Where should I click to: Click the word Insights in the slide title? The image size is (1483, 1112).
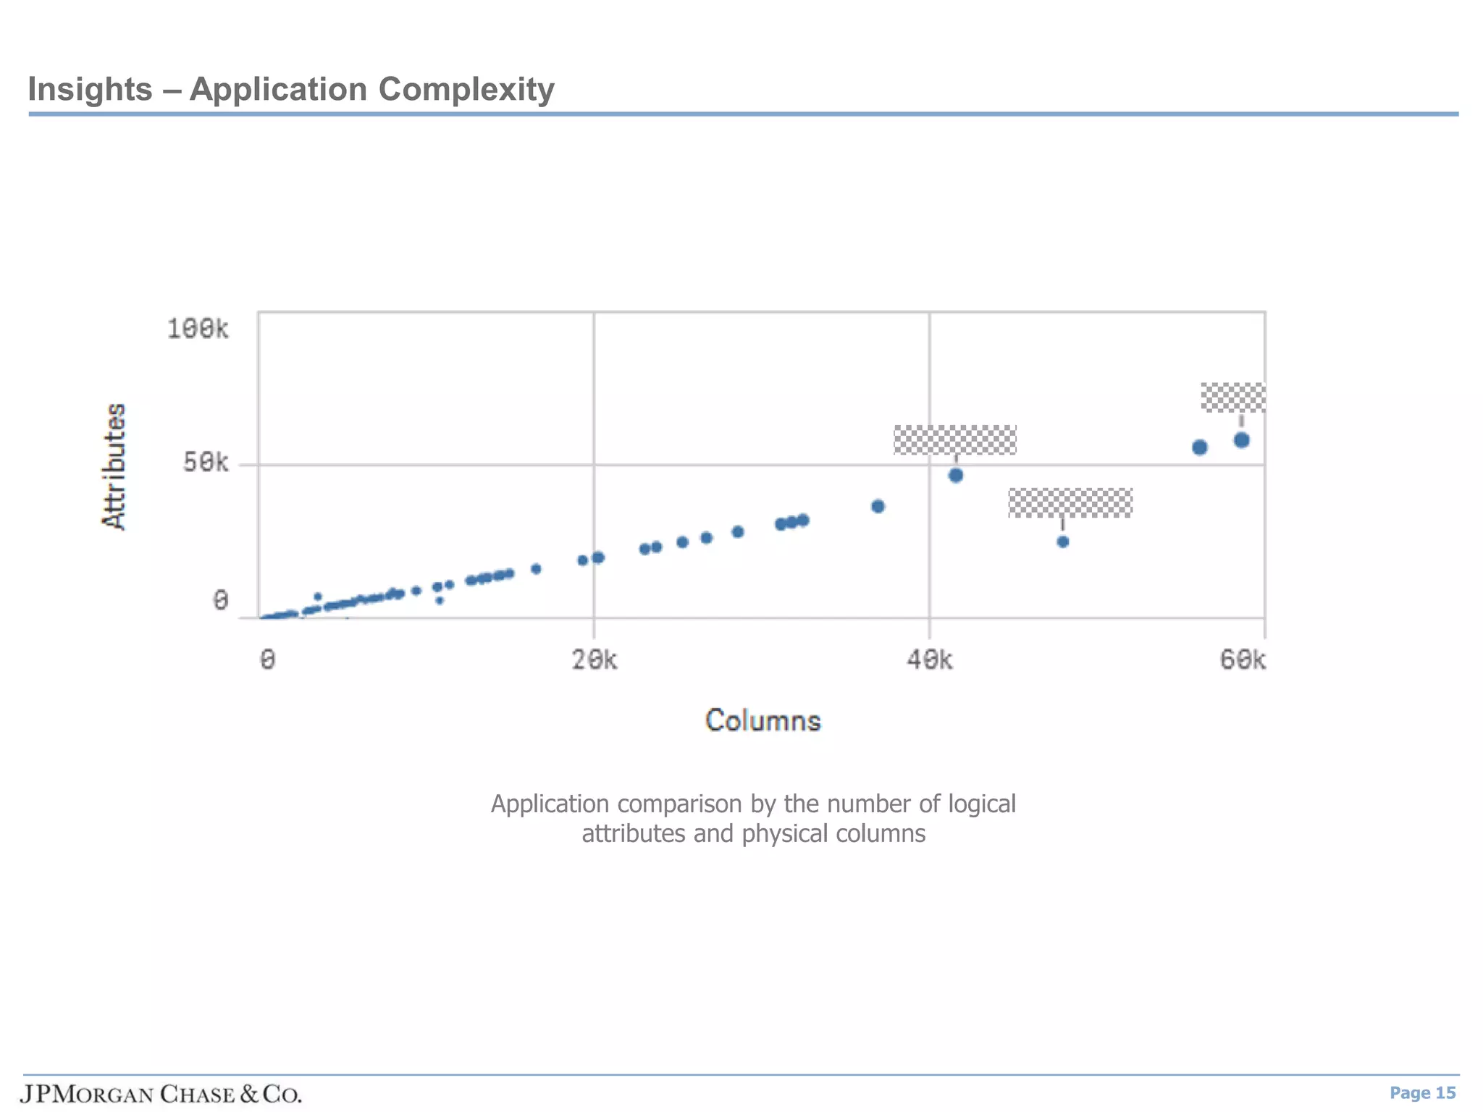90,90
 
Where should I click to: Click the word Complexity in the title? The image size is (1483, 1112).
466,90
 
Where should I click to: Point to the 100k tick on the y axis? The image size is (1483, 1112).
198,329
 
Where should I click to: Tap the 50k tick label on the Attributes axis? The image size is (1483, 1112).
206,463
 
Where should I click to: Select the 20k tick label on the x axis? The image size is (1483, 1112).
595,660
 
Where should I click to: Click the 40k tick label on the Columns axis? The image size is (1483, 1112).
930,660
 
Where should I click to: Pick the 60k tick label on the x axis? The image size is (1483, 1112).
1243,660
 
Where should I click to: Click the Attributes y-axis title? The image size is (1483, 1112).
114,467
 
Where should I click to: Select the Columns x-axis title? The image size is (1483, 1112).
763,721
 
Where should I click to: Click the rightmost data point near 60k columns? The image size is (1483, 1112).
1241,440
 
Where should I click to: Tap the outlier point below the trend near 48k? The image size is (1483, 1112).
1063,542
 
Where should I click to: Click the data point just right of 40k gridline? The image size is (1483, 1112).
956,476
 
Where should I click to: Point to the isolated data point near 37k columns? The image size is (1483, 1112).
878,507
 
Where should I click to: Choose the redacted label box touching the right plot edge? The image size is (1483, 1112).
1233,397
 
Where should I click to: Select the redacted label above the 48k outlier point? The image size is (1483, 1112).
1070,503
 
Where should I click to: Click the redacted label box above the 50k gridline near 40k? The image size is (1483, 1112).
955,440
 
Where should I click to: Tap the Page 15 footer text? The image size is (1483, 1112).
1422,1093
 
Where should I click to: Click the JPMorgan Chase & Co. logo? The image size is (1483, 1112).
161,1094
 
